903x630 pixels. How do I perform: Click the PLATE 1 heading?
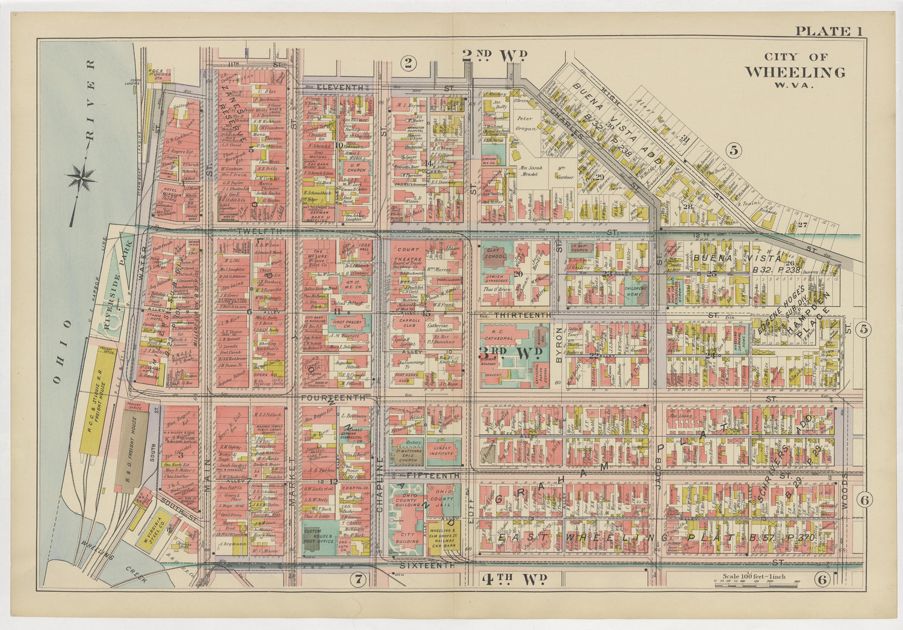[x=829, y=31]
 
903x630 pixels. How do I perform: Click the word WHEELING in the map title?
[x=795, y=72]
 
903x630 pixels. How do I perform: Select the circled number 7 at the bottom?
[x=358, y=579]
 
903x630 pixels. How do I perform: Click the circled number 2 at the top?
[x=409, y=62]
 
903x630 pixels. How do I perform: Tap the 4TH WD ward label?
[x=514, y=579]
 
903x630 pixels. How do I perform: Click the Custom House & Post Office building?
[x=318, y=536]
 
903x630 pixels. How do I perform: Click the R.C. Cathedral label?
[x=505, y=333]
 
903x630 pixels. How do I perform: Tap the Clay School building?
[x=494, y=255]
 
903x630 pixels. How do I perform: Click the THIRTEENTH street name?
[x=522, y=315]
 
